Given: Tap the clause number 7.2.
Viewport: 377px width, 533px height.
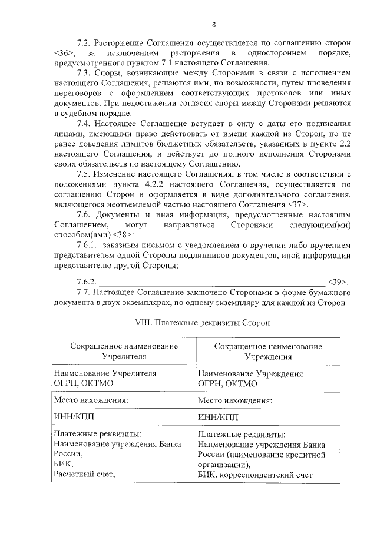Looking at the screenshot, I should click(x=86, y=44).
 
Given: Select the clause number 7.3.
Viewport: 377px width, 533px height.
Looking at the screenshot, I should click(x=86, y=72).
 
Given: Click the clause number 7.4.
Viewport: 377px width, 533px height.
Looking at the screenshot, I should click(x=86, y=125).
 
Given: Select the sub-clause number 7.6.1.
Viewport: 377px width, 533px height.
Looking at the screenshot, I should click(x=89, y=245).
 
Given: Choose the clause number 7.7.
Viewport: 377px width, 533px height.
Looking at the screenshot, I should click(x=86, y=292).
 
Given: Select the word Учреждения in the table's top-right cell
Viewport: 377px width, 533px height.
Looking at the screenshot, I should click(x=268, y=356).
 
